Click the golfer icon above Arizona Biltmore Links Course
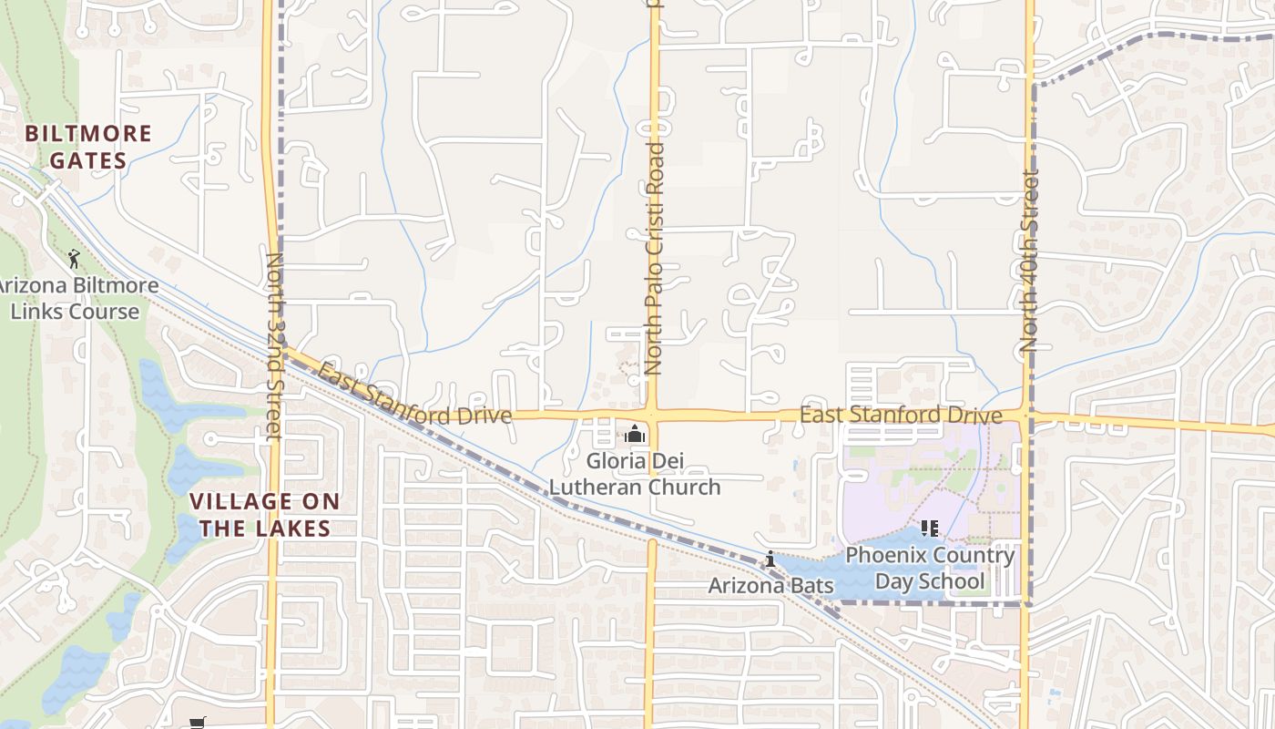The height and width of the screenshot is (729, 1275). pos(74,259)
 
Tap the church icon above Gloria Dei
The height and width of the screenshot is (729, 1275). pos(635,435)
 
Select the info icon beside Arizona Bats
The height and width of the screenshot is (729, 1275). pos(770,559)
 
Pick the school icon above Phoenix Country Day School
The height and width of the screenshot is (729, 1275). pos(929,529)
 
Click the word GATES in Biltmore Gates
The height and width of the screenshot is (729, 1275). pos(88,161)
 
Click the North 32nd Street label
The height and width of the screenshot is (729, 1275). pos(274,346)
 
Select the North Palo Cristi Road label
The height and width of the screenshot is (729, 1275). pos(653,258)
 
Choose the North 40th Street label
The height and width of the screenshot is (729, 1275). pos(1030,262)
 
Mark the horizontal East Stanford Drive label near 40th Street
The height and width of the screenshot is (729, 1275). pos(901,416)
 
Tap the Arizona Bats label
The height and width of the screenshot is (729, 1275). pos(770,585)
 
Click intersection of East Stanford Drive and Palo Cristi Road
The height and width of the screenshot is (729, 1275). pos(653,416)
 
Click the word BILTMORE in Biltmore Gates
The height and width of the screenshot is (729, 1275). pos(88,134)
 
